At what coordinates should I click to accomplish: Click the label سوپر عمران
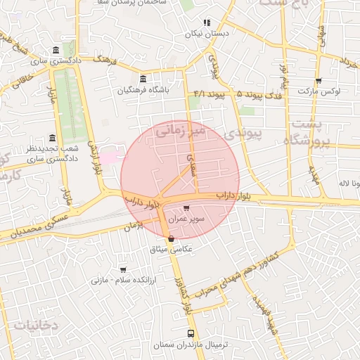point(191,219)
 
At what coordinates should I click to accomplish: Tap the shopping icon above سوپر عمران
point(186,209)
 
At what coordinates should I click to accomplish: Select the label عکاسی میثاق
point(172,249)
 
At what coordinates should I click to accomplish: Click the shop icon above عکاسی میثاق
point(172,239)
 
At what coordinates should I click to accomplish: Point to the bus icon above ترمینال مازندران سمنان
point(191,334)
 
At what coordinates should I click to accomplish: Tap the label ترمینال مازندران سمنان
point(191,345)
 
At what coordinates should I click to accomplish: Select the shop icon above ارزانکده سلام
point(123,269)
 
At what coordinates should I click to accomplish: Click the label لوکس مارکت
point(319,91)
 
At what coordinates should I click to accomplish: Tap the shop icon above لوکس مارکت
point(319,81)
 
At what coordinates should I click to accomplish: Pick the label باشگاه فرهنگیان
point(143,89)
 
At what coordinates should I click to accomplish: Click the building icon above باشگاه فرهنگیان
point(143,78)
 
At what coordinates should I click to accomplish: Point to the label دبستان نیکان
point(207,33)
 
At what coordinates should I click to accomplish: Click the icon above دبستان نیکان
point(207,22)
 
